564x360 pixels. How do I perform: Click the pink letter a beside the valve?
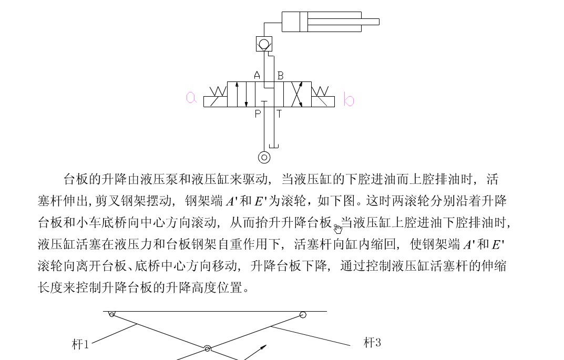coord(191,97)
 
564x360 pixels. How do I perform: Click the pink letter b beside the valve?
coord(348,99)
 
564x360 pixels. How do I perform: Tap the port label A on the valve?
coord(257,75)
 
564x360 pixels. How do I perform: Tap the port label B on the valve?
coord(280,76)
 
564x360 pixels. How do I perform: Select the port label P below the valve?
coord(258,114)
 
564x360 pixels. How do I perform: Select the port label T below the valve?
coord(279,114)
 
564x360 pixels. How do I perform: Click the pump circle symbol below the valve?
coord(264,157)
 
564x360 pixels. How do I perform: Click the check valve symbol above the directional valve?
coord(264,44)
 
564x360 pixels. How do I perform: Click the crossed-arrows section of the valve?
coord(298,95)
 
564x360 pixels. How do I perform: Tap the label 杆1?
coord(80,345)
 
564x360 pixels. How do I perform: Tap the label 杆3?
coord(372,343)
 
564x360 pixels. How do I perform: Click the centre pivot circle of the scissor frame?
coord(208,348)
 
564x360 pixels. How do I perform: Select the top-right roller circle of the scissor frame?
coord(303,315)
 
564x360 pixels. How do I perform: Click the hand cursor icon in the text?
coord(337,228)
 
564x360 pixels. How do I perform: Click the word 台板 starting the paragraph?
coord(74,179)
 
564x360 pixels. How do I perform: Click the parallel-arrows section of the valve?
coord(241,95)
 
